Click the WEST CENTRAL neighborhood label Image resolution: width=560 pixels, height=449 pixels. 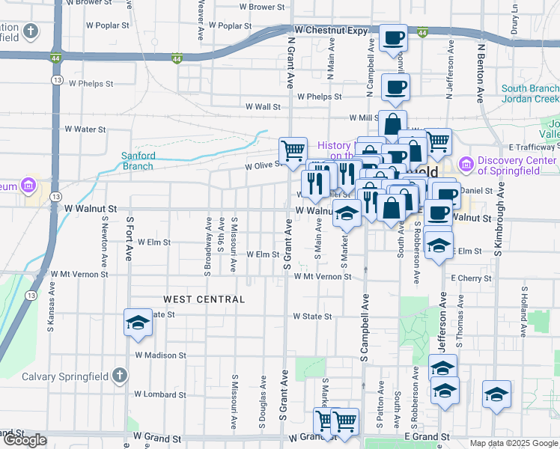(204, 299)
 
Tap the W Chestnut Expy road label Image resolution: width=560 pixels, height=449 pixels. (331, 31)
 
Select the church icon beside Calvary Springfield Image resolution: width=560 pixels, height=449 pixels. (120, 376)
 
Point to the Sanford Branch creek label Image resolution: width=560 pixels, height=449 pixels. (139, 161)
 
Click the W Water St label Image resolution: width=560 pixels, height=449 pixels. (85, 129)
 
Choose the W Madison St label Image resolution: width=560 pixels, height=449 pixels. (160, 355)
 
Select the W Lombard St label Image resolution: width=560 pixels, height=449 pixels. (160, 394)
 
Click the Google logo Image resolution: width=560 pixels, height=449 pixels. (25, 440)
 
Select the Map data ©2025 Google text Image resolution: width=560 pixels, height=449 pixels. (514, 443)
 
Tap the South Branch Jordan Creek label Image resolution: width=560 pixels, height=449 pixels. (530, 94)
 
